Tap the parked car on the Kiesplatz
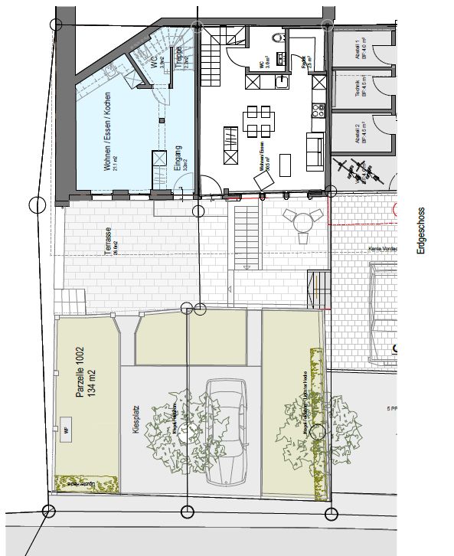(226, 429)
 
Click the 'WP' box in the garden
(66, 430)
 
